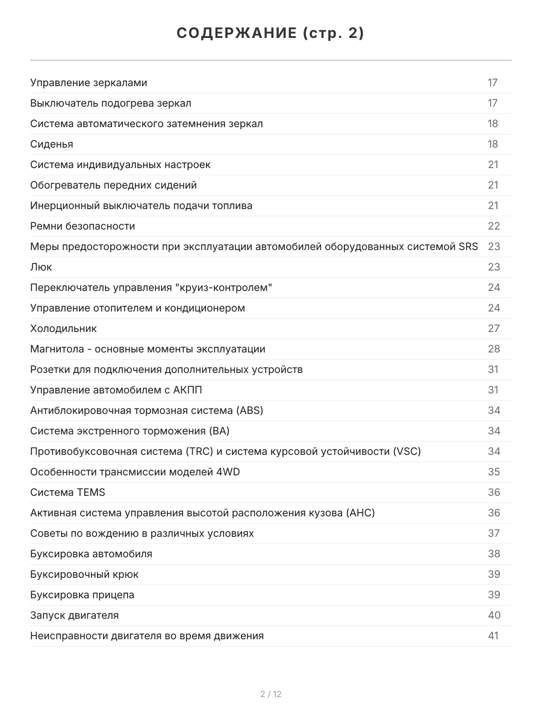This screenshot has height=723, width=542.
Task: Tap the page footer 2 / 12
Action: [x=271, y=694]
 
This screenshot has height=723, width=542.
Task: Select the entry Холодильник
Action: [x=63, y=329]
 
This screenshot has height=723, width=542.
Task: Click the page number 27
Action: [x=494, y=329]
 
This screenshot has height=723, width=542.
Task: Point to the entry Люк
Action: [x=41, y=268]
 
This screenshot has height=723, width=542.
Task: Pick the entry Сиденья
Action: [x=52, y=145]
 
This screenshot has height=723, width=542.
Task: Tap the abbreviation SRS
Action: [x=468, y=247]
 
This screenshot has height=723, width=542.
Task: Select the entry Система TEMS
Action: [x=67, y=493]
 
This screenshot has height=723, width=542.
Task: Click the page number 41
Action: [x=494, y=636]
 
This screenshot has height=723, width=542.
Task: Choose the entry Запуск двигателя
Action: [x=74, y=616]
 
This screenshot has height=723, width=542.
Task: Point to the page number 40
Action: [x=494, y=616]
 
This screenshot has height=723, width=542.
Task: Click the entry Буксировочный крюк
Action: [x=84, y=575]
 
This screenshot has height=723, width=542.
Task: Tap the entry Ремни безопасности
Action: [x=83, y=227]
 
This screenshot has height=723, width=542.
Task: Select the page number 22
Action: [x=494, y=227]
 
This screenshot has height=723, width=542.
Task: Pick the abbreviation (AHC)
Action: [x=361, y=513]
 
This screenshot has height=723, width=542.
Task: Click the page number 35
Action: [x=494, y=472]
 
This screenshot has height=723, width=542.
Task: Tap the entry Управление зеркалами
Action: [x=89, y=83]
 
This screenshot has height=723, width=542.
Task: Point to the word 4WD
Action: [x=228, y=472]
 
